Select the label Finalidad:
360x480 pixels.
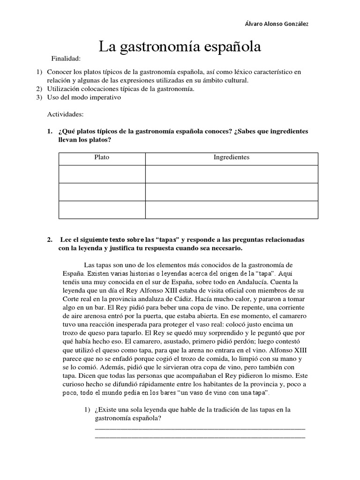click(x=66, y=59)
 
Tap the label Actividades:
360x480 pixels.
click(x=66, y=114)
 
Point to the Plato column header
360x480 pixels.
click(x=102, y=157)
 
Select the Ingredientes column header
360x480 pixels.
click(x=232, y=157)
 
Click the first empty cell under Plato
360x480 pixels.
click(x=102, y=174)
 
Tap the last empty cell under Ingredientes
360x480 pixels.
click(x=232, y=210)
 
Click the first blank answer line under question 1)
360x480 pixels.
click(x=200, y=427)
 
